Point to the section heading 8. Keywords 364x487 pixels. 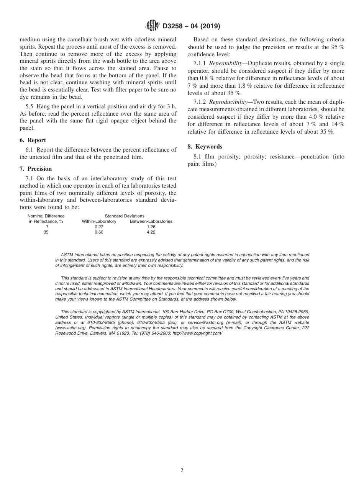point(205,147)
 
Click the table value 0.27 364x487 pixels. point(99,227)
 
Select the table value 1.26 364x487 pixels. point(151,227)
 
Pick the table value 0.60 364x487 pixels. point(99,232)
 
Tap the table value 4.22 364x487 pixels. point(151,232)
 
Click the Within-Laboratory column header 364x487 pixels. point(99,221)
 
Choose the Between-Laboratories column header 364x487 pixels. point(151,221)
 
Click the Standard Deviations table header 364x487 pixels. point(125,216)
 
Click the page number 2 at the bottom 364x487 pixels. point(182,471)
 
